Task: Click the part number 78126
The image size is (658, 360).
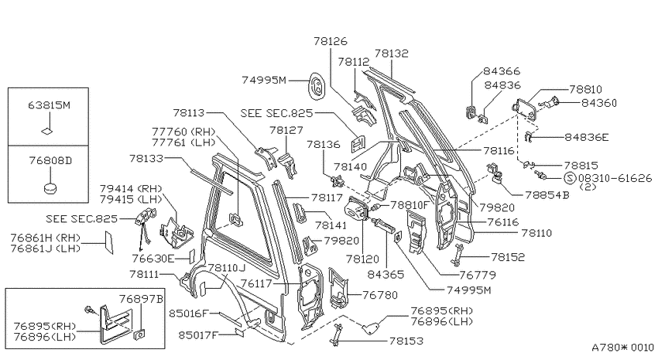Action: [x=331, y=41]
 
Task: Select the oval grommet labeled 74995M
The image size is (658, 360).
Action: [x=317, y=86]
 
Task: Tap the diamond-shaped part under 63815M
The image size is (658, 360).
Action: [x=47, y=131]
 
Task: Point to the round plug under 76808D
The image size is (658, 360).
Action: [x=50, y=188]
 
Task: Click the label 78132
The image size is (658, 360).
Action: [x=391, y=53]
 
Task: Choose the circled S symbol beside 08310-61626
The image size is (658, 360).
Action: [x=570, y=178]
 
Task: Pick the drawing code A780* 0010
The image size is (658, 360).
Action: [x=622, y=348]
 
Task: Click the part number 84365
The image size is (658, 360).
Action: [x=386, y=274]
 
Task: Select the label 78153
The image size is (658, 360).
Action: [x=406, y=341]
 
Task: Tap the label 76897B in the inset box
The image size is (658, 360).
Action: [x=141, y=299]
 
